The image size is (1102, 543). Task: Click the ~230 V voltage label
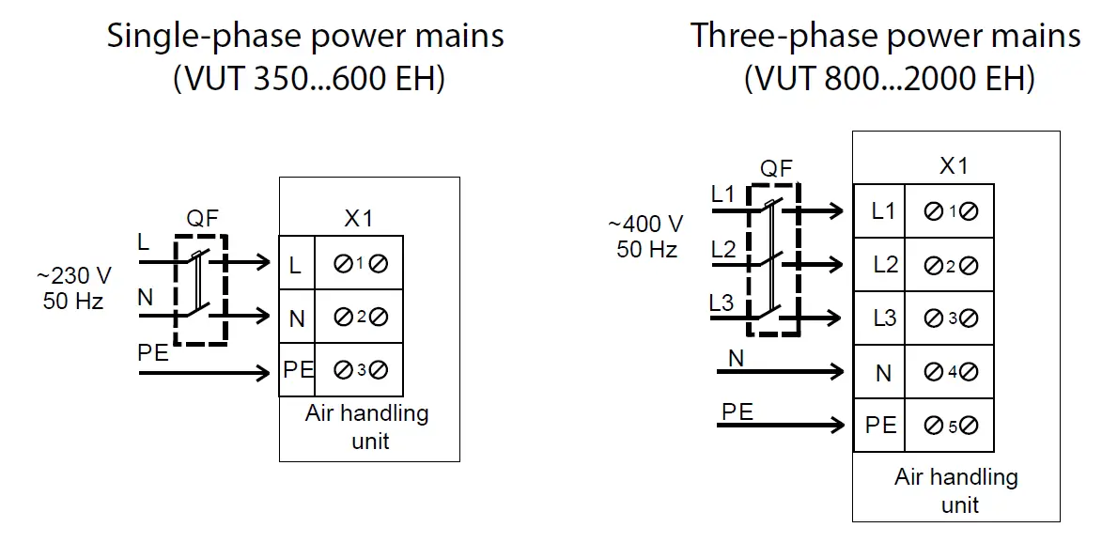tap(73, 277)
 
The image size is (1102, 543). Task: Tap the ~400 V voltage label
tap(645, 225)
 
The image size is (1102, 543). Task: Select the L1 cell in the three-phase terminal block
tap(882, 211)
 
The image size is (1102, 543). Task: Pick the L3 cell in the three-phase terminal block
tap(884, 318)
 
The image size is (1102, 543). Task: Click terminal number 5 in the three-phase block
tap(951, 426)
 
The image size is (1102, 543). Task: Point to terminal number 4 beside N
tap(951, 372)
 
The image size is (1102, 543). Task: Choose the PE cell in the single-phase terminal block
tap(297, 369)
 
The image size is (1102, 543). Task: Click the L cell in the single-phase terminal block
tap(296, 266)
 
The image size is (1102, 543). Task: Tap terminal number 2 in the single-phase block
tap(360, 318)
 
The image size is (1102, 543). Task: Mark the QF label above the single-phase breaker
tap(203, 219)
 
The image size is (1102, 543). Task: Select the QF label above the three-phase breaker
tap(777, 169)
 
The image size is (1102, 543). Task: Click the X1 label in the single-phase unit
tap(357, 219)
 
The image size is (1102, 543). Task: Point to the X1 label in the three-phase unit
tap(953, 166)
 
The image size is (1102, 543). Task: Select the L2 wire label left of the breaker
tap(722, 250)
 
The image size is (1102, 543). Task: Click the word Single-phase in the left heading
tap(201, 37)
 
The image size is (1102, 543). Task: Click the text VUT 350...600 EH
tap(309, 79)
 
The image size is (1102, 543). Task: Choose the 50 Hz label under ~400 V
tap(646, 249)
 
